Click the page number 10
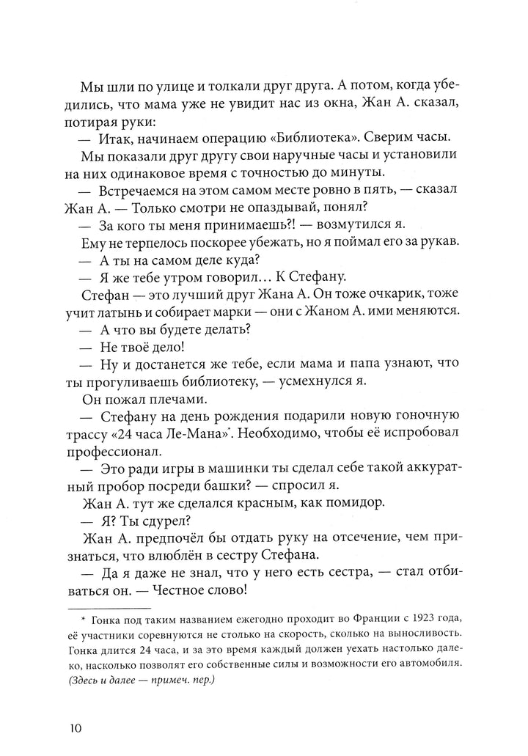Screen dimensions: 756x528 [x=77, y=728]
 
